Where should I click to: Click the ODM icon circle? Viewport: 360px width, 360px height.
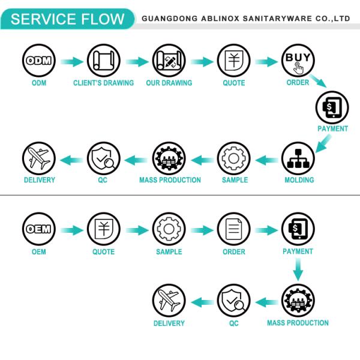pyautogui.click(x=39, y=61)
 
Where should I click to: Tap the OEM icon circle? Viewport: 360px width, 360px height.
pyautogui.click(x=39, y=230)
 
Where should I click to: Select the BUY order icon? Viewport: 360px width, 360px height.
pyautogui.click(x=298, y=61)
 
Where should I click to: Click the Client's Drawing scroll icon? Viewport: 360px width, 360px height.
pyautogui.click(x=103, y=61)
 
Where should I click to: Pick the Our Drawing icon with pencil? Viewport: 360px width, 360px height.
pyautogui.click(x=169, y=61)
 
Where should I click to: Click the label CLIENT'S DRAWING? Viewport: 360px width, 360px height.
pyautogui.click(x=103, y=83)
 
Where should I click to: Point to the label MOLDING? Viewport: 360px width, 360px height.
pyautogui.click(x=299, y=180)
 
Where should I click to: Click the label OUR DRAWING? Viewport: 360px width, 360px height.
pyautogui.click(x=169, y=83)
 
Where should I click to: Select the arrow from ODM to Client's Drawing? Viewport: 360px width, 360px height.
pyautogui.click(x=71, y=61)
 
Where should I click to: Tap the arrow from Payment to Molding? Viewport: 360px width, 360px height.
pyautogui.click(x=322, y=143)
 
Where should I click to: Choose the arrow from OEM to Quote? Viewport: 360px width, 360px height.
pyautogui.click(x=71, y=230)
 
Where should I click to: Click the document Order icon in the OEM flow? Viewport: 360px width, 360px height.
pyautogui.click(x=233, y=230)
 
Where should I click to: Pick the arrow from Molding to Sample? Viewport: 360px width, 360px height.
pyautogui.click(x=266, y=160)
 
